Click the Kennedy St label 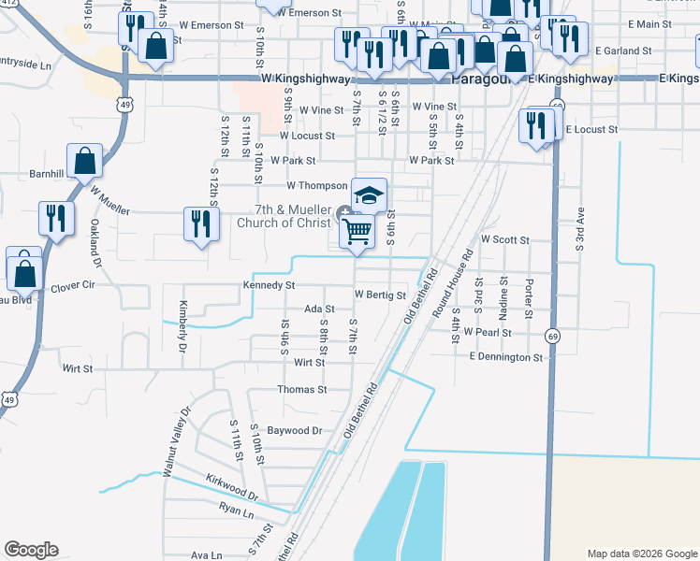[269, 285]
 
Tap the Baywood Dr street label [295, 431]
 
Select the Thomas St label [301, 389]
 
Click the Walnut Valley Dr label [177, 442]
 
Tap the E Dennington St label [505, 357]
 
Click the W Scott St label [505, 240]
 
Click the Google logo [31, 550]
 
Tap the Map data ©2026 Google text [641, 554]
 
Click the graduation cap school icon [369, 195]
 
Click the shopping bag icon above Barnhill [84, 160]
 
